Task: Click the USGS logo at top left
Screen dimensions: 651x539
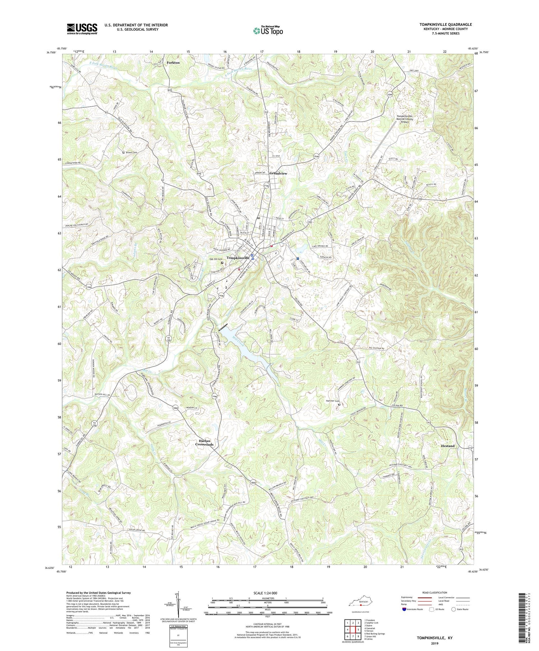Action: click(x=82, y=29)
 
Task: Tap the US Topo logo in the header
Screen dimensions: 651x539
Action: click(x=268, y=31)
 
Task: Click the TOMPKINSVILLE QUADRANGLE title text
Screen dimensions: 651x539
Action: click(x=445, y=24)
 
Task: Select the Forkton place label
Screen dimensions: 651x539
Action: click(x=173, y=62)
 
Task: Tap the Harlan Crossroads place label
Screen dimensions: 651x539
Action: click(x=204, y=442)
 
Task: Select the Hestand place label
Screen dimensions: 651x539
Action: click(x=447, y=446)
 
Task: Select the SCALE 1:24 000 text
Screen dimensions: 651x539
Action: click(x=267, y=593)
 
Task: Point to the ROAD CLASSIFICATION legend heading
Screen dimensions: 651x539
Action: click(x=435, y=592)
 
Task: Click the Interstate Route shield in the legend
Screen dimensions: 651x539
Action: click(x=405, y=609)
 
